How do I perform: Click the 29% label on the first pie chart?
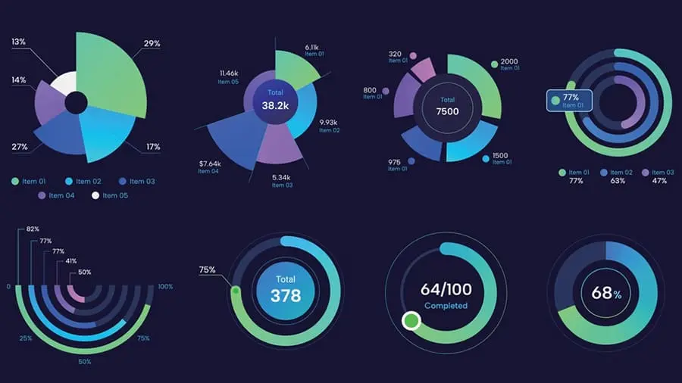click(152, 44)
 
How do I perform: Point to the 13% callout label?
click(19, 42)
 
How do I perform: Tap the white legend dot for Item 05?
click(95, 196)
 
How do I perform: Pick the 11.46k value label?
click(229, 73)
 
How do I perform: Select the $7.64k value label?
click(211, 163)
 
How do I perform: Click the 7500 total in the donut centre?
click(448, 112)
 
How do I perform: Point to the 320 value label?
click(395, 54)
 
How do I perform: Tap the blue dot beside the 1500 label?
click(485, 158)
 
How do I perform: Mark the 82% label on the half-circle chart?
click(33, 229)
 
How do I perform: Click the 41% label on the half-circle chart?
click(72, 261)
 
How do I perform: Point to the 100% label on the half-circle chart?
click(166, 288)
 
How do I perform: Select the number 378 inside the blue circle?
click(286, 296)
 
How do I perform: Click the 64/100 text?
click(446, 289)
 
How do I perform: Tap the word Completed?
click(446, 306)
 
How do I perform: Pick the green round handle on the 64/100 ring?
click(411, 320)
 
